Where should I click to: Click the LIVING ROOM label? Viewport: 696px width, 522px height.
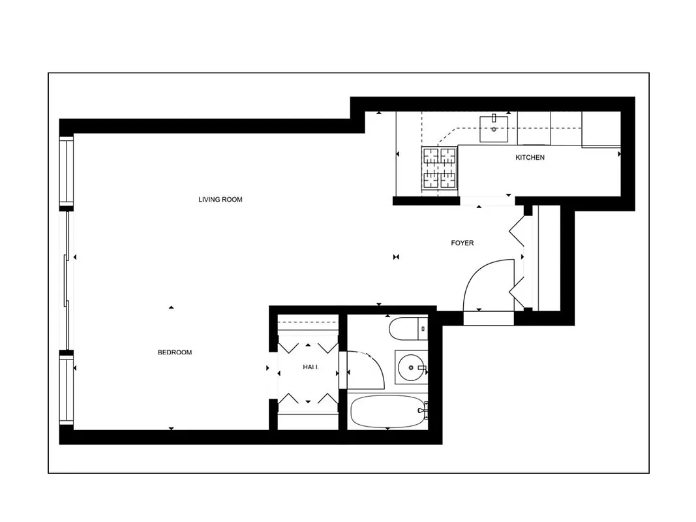point(220,200)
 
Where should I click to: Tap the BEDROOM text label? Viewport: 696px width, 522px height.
point(175,352)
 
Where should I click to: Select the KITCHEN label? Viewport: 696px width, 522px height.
point(530,157)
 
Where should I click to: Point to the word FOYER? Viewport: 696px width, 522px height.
point(462,243)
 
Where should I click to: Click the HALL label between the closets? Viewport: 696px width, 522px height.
point(310,367)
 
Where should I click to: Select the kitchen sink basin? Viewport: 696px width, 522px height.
point(494,129)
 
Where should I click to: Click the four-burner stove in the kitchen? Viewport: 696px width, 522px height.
point(439,168)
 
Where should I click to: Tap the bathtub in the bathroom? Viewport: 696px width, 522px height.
point(386,412)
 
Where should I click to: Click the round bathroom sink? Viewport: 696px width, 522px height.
point(411,369)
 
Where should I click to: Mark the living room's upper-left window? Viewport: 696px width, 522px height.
point(67,172)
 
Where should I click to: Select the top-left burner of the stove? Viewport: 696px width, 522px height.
point(431,157)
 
